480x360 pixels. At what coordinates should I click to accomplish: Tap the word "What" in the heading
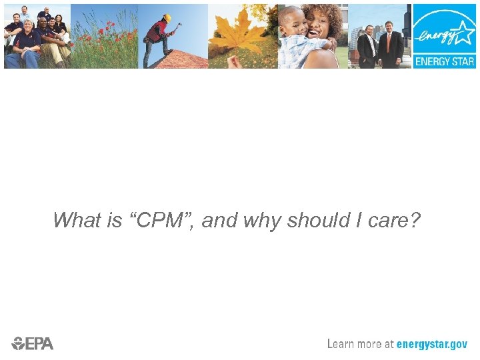pyautogui.click(x=75, y=220)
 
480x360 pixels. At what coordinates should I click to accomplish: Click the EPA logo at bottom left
pyautogui.click(x=32, y=343)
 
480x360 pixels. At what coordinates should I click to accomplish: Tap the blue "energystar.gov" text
pyautogui.click(x=432, y=344)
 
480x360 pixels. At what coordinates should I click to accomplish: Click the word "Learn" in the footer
pyautogui.click(x=343, y=344)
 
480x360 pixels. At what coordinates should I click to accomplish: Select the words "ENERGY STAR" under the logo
pyautogui.click(x=445, y=61)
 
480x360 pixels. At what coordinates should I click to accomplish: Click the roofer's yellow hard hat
pyautogui.click(x=167, y=18)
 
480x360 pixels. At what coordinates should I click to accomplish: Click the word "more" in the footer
pyautogui.click(x=369, y=344)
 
